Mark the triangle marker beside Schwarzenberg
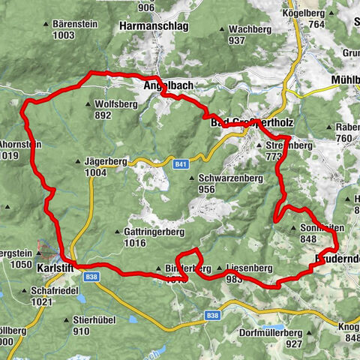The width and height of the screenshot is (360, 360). (193, 179)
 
